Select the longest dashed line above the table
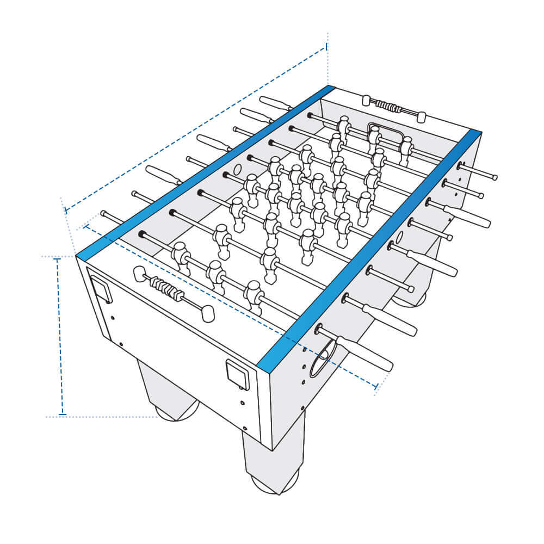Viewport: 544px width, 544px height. [x=196, y=128]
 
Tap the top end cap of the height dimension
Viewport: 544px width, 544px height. [x=56, y=259]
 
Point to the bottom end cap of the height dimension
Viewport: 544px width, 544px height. [x=62, y=415]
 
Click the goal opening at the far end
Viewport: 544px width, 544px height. [x=385, y=132]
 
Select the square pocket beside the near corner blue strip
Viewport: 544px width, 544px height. [x=237, y=375]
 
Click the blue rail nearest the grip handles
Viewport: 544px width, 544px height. [x=370, y=250]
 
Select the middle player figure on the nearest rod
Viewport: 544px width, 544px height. [x=216, y=274]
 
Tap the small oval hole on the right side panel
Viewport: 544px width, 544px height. [x=399, y=237]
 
